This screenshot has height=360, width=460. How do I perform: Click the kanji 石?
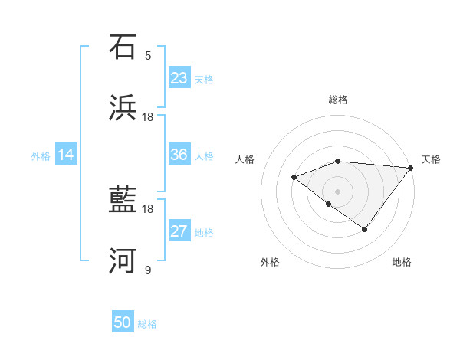pos(123,47)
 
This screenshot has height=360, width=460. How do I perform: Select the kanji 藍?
pos(123,201)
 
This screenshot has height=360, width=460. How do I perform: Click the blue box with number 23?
pos(179,78)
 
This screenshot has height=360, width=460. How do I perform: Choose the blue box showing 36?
pos(179,155)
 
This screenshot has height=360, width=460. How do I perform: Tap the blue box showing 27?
pos(179,232)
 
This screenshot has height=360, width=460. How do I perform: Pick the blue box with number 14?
pos(66,155)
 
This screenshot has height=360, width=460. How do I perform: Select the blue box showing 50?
pos(123,323)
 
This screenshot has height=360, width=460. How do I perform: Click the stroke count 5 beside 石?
pos(148,55)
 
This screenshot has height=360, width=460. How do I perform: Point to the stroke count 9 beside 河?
pos(148,270)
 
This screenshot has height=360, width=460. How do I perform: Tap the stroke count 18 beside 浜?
pos(148,116)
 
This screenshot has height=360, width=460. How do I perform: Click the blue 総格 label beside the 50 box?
pos(148,324)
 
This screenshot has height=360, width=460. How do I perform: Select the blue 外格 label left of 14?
pos(41,156)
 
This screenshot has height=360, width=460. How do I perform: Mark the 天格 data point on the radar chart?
pos(410,168)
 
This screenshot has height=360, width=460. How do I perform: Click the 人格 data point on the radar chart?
pos(294,178)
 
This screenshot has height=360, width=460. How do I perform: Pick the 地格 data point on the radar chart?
pos(365,229)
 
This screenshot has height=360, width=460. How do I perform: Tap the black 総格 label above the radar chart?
pos(338,100)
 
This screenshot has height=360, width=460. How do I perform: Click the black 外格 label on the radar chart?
pos(270,262)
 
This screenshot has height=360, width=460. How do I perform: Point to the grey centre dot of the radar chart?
pos(338,191)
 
